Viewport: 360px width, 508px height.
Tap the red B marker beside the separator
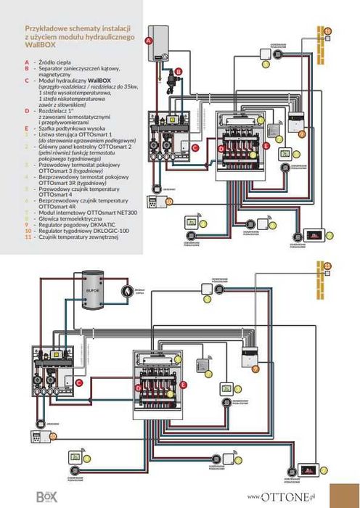[x=179, y=71]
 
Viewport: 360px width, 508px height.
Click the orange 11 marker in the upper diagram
[x=327, y=31]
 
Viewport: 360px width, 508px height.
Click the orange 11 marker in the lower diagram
[x=327, y=266]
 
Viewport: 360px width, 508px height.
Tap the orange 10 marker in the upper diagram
[x=168, y=201]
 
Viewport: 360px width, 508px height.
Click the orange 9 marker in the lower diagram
[x=255, y=369]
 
